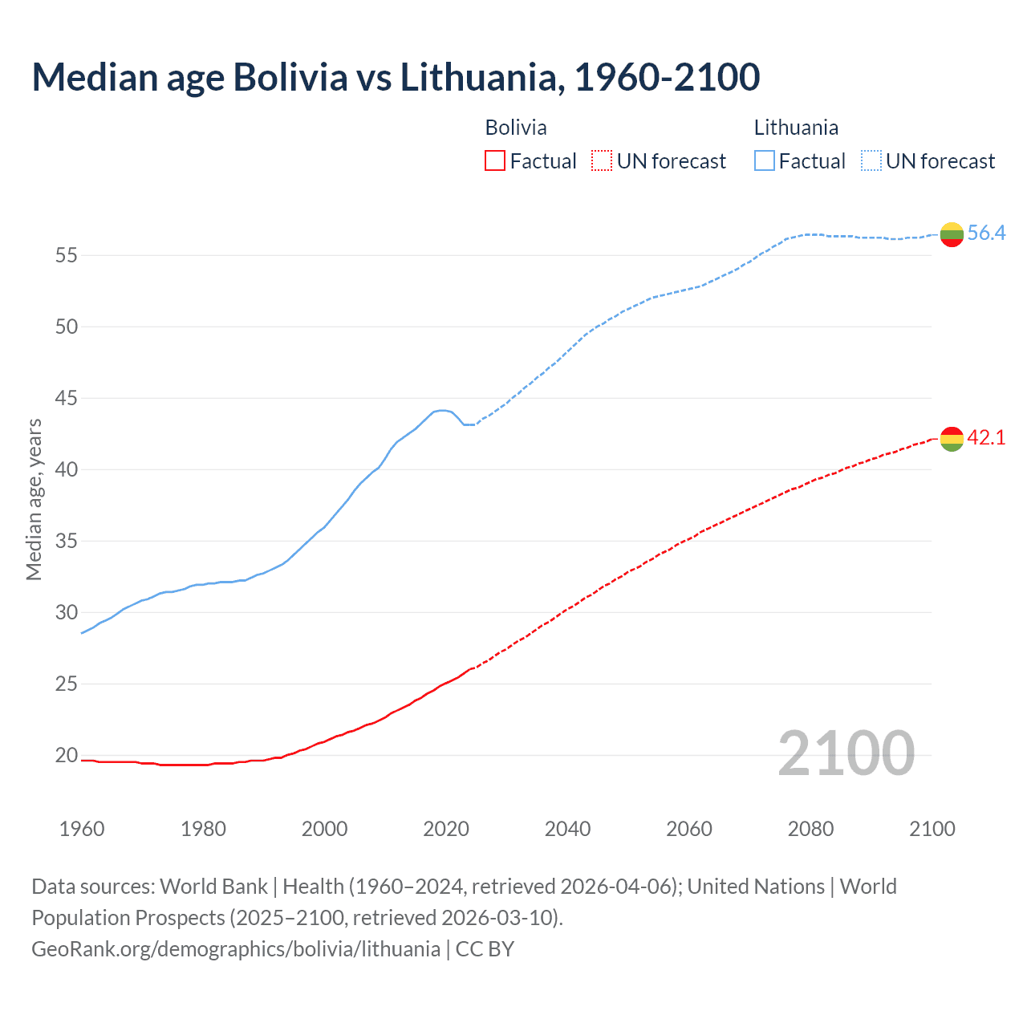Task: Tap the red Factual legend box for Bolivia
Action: pyautogui.click(x=495, y=161)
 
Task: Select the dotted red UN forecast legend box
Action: pyautogui.click(x=602, y=161)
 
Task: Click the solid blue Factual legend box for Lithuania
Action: pyautogui.click(x=765, y=161)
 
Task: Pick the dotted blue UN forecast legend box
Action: pyautogui.click(x=871, y=161)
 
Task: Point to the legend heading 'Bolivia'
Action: pyautogui.click(x=516, y=128)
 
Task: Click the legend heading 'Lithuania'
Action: pyautogui.click(x=796, y=128)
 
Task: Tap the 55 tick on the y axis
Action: pyautogui.click(x=66, y=256)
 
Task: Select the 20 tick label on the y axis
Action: pyautogui.click(x=66, y=755)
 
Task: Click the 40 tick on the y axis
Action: pyautogui.click(x=66, y=469)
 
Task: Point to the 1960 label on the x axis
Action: pyautogui.click(x=82, y=829)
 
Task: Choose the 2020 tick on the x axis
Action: pyautogui.click(x=446, y=829)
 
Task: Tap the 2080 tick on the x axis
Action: pyautogui.click(x=810, y=829)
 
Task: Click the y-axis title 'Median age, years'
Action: pyautogui.click(x=34, y=499)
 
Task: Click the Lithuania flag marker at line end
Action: pyautogui.click(x=952, y=234)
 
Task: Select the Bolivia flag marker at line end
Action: pyautogui.click(x=952, y=439)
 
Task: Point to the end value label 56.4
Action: pyautogui.click(x=986, y=233)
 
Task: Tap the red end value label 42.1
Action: pyautogui.click(x=986, y=438)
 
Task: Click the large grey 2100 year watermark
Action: pyautogui.click(x=846, y=753)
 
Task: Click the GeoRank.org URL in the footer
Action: pyautogui.click(x=236, y=949)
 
